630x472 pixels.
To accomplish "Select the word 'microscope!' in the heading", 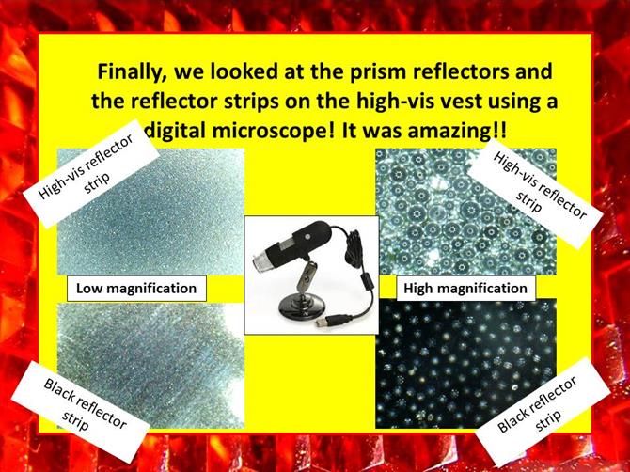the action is (239, 132).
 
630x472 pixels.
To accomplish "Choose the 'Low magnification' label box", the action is (136, 289).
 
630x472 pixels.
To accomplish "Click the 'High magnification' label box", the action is (465, 289).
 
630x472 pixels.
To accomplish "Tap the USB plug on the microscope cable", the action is (322, 321).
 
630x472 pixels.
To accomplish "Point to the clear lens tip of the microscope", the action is (261, 260).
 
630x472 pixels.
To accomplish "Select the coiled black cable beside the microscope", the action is (355, 248).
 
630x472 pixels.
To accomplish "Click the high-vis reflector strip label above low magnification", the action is (91, 173).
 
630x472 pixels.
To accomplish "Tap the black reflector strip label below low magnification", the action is (80, 411).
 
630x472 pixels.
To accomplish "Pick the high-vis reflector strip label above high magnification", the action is (535, 194).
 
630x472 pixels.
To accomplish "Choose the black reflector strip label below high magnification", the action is (543, 411).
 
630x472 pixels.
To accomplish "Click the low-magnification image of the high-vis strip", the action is (151, 212).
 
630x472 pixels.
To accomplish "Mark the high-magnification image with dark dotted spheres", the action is (466, 212).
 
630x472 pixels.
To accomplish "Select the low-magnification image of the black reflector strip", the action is (151, 366).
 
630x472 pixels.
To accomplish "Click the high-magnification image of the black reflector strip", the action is (466, 364).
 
